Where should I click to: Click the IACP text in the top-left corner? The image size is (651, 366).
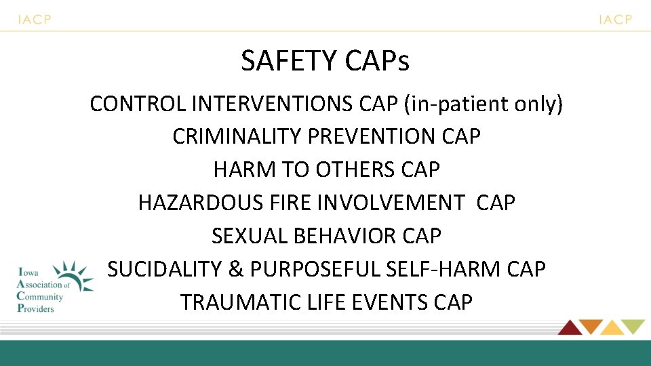point(35,20)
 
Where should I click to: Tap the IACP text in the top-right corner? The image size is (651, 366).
point(615,20)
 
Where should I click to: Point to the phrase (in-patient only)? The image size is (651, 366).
point(484,104)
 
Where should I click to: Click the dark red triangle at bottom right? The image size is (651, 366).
point(569,327)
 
